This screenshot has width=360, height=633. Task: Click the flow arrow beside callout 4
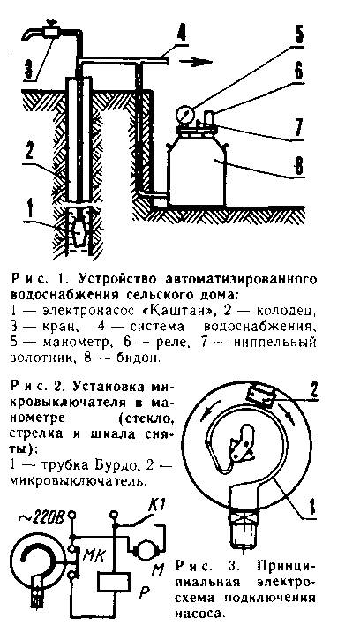coord(195,62)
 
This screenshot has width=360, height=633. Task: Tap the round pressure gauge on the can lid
coord(185,114)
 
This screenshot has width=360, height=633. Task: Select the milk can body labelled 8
coord(197,168)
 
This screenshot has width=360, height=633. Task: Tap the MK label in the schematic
coord(94,555)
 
